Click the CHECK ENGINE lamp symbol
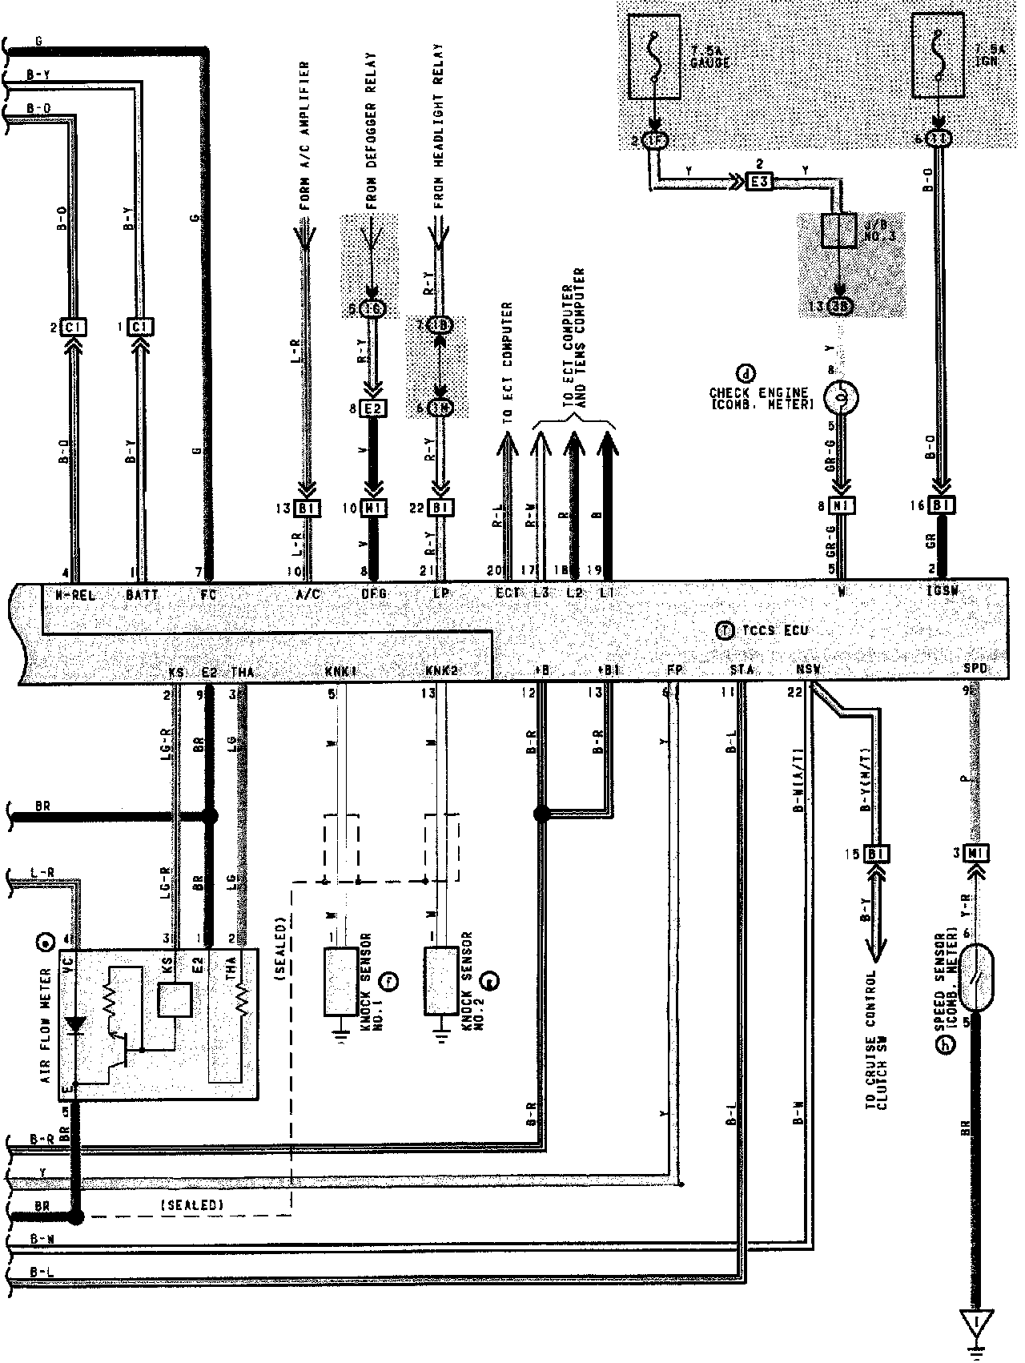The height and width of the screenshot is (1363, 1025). (839, 396)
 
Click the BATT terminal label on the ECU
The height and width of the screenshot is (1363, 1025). (143, 595)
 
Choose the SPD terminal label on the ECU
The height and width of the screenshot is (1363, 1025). (975, 669)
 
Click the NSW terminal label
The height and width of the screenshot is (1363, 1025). (808, 669)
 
